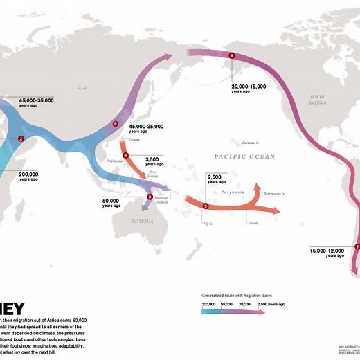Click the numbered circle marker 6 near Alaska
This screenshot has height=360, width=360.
pyautogui.click(x=231, y=55)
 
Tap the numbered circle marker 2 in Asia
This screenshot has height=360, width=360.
pyautogui.click(x=21, y=139)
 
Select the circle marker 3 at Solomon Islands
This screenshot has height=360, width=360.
pyautogui.click(x=150, y=197)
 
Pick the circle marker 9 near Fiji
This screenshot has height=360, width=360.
pyautogui.click(x=206, y=206)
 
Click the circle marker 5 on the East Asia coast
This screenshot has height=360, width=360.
pyautogui.click(x=116, y=125)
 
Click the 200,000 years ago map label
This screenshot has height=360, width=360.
pyautogui.click(x=29, y=176)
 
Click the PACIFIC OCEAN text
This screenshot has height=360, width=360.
pyautogui.click(x=237, y=157)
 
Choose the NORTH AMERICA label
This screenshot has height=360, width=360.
pyautogui.click(x=317, y=99)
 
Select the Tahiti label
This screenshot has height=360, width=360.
pyautogui.click(x=255, y=222)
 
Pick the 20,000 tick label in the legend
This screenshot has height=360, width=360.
pyautogui.click(x=244, y=304)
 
